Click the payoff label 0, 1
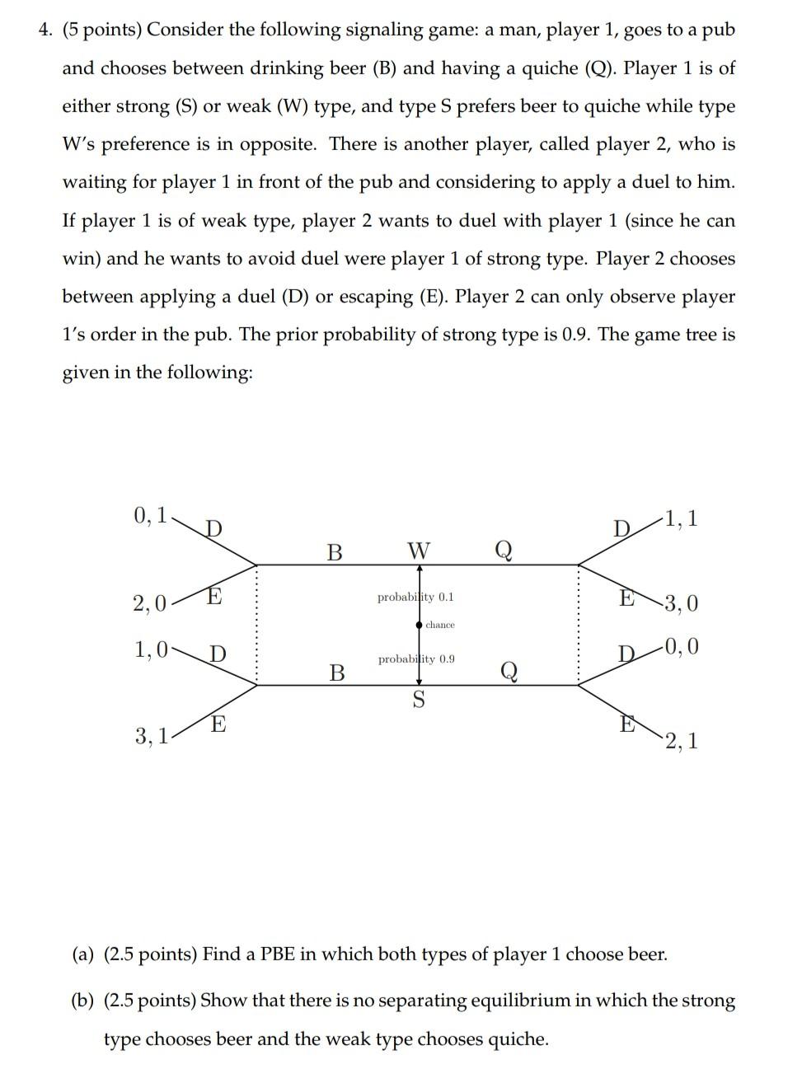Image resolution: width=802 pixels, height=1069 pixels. (x=150, y=516)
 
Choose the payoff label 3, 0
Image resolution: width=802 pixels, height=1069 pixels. (x=681, y=603)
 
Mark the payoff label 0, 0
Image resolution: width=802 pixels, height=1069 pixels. (x=682, y=646)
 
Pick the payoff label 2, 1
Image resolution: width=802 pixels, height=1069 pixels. (x=682, y=740)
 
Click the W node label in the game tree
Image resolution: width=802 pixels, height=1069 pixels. (x=419, y=550)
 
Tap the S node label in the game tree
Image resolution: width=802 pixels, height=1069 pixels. (x=419, y=701)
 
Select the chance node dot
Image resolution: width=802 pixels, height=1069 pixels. (x=420, y=625)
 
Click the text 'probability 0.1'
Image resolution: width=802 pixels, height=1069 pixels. (x=415, y=597)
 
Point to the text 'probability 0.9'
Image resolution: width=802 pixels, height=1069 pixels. (x=415, y=659)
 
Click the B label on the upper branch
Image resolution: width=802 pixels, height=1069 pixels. (x=334, y=551)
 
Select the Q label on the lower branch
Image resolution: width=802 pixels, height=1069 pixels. (x=509, y=673)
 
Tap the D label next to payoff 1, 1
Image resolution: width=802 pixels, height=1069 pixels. (x=621, y=527)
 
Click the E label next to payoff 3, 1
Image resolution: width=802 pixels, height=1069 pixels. (x=218, y=724)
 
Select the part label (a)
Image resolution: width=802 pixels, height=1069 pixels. (x=82, y=954)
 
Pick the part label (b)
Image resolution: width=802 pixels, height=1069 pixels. (x=82, y=1001)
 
